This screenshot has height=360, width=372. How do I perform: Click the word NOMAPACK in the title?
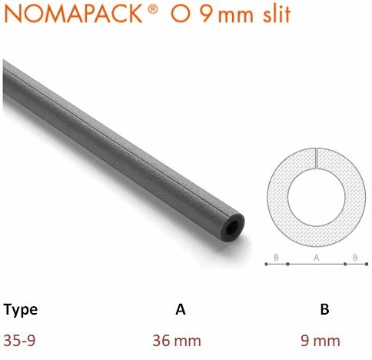[x=74, y=13]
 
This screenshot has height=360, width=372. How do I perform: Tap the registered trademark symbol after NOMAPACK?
[x=153, y=9]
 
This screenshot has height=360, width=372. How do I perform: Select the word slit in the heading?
[x=277, y=14]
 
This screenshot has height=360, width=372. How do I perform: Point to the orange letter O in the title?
[x=181, y=14]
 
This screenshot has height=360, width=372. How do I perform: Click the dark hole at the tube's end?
[x=232, y=227]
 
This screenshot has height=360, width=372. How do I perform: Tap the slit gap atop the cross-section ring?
[x=317, y=158]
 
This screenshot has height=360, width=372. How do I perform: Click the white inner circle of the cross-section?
[x=317, y=197]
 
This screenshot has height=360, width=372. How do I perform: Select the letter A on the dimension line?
[x=317, y=258]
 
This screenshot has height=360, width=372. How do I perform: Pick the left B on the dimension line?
[x=276, y=258]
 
